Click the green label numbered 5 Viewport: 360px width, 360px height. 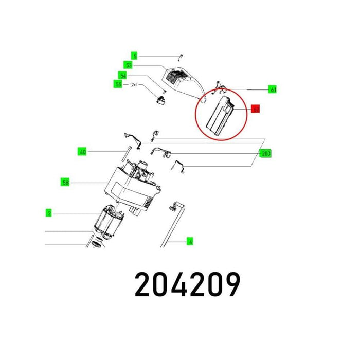(135, 56)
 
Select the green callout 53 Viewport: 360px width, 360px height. (129, 65)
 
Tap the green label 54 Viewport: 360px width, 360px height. (122, 75)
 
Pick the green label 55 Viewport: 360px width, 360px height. (118, 84)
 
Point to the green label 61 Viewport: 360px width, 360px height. (273, 89)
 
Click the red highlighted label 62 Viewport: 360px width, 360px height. (256, 109)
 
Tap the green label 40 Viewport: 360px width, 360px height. (82, 152)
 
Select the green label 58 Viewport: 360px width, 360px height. (65, 182)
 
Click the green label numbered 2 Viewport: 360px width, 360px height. (48, 212)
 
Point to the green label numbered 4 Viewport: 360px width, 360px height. (190, 241)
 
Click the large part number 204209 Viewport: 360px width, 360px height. (187, 284)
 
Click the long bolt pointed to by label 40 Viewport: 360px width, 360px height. (125, 152)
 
